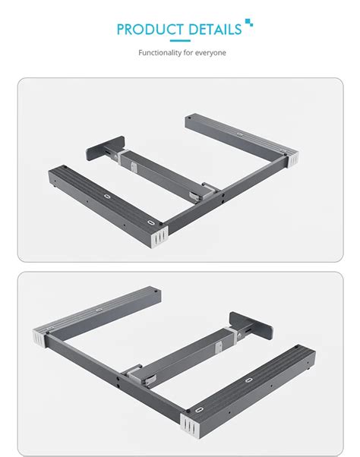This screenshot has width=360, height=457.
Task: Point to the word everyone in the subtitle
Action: coord(209,53)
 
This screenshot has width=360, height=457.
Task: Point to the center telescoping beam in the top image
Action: coord(156,171)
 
